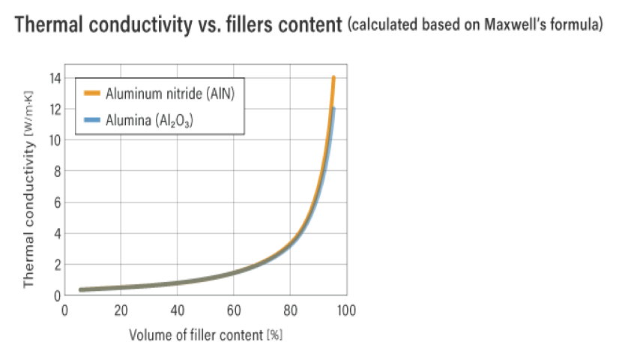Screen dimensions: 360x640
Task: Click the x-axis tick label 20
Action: tap(121, 310)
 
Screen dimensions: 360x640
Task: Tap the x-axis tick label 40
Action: tap(177, 310)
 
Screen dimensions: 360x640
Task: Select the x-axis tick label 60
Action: tap(233, 310)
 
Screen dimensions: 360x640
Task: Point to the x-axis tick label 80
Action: tap(289, 310)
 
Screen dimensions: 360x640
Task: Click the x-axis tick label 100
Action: tap(345, 310)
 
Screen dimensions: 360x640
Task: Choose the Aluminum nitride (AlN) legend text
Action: tap(175, 94)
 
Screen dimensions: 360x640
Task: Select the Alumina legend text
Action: tap(149, 119)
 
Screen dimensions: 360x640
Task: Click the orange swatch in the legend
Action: tap(91, 94)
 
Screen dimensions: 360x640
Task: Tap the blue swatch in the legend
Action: tap(91, 119)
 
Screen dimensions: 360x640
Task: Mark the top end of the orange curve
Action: tap(333, 76)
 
